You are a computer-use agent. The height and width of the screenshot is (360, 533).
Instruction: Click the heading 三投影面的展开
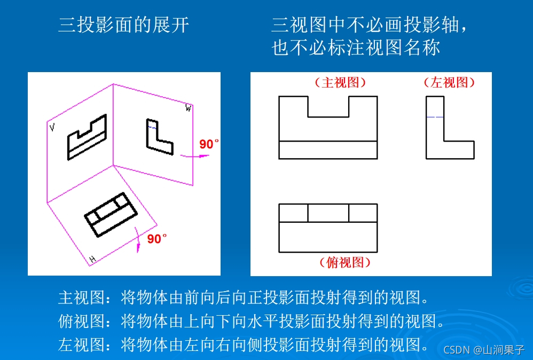[x=123, y=25]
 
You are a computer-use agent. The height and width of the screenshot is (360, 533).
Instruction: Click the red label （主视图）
[x=341, y=83]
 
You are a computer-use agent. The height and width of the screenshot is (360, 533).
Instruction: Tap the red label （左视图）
[x=449, y=83]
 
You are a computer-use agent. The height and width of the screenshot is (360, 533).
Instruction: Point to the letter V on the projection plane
[x=52, y=128]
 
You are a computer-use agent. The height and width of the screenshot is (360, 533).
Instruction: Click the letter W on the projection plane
[x=188, y=108]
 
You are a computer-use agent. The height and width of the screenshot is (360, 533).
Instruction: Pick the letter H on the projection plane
[x=92, y=260]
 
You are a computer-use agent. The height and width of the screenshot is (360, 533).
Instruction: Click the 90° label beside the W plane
[x=209, y=144]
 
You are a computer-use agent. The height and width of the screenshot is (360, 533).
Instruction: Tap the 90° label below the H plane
[x=157, y=239]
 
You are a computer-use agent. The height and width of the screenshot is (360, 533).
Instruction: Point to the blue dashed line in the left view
[x=435, y=117]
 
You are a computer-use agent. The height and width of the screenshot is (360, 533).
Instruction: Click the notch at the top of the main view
[x=328, y=107]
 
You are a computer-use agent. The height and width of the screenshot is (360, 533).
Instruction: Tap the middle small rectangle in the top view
[x=328, y=213]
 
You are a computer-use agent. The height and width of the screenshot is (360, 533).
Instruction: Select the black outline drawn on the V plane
[x=87, y=138]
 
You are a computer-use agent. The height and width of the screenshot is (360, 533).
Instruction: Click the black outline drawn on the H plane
[x=111, y=214]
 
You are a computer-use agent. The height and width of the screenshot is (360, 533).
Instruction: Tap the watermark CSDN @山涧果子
[x=484, y=350]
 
